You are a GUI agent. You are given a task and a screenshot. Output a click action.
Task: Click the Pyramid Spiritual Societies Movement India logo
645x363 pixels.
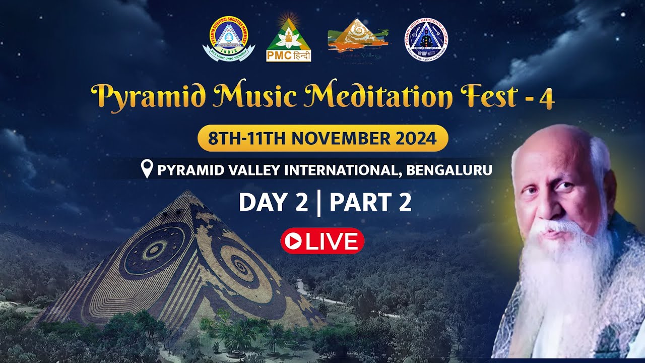point(229,39)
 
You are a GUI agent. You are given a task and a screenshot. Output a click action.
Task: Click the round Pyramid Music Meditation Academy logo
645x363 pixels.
point(426,39)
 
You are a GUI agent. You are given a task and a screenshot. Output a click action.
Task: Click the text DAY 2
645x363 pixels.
point(273,202)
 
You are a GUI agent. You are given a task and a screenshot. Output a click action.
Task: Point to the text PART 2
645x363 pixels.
point(370,202)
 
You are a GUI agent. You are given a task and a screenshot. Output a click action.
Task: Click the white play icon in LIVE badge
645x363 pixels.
point(292,241)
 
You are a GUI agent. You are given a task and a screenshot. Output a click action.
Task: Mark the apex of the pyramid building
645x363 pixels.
point(188,191)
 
